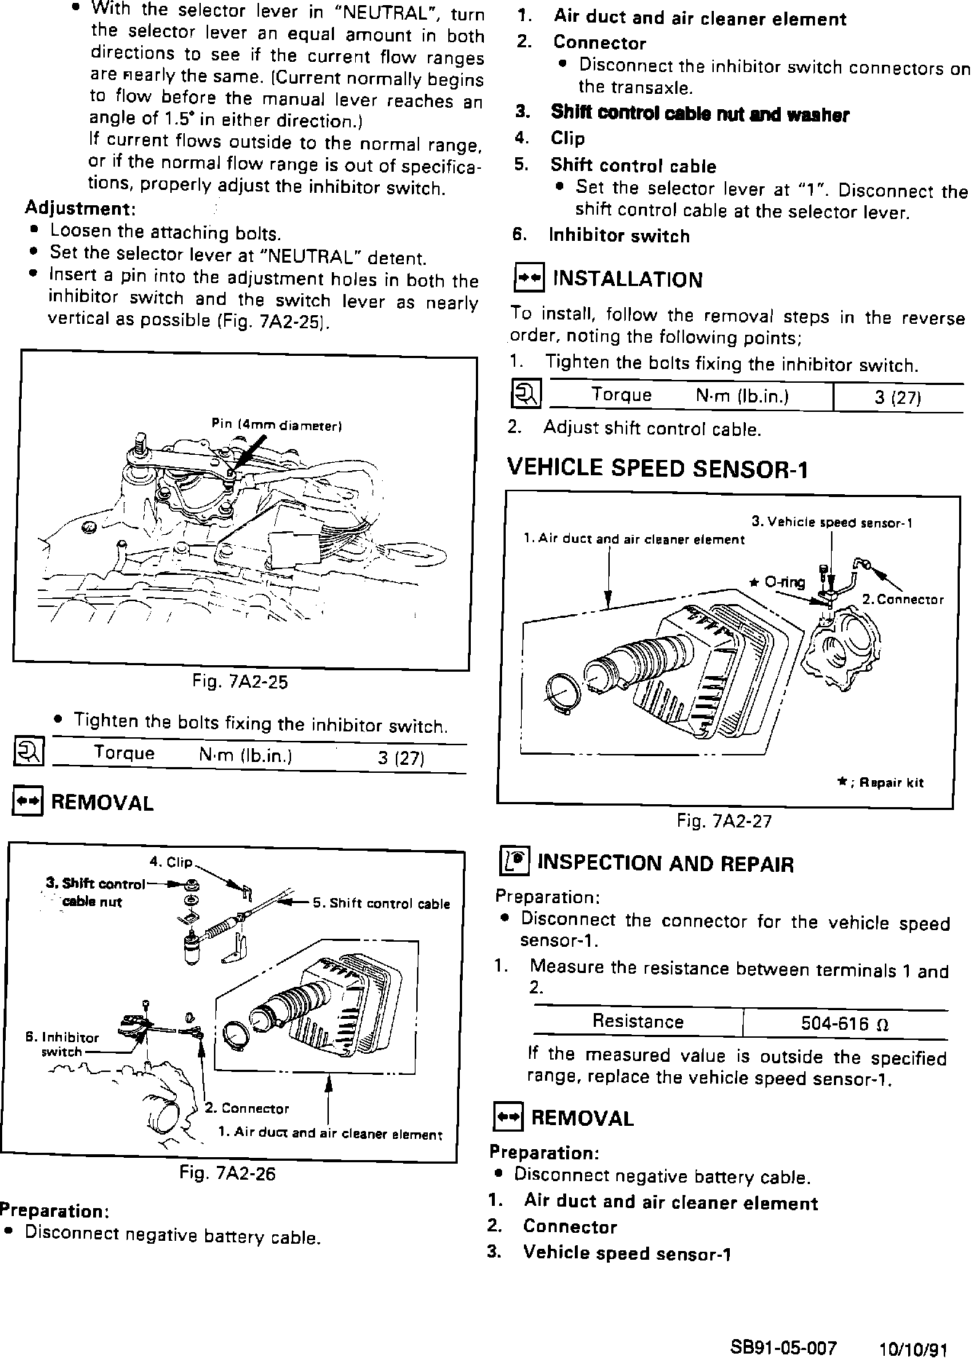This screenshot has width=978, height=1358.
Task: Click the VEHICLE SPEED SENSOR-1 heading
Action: tap(657, 468)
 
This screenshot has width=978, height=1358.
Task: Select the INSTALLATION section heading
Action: tap(627, 279)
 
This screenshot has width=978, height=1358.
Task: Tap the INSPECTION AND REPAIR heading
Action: tap(664, 864)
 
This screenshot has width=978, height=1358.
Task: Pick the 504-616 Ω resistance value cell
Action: tap(844, 1024)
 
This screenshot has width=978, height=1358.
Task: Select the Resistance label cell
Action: tap(637, 1022)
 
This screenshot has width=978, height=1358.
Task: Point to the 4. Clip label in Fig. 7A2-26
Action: tap(171, 862)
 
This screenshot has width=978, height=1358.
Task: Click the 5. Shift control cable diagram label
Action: tap(381, 904)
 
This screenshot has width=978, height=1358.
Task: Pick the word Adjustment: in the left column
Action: tap(80, 208)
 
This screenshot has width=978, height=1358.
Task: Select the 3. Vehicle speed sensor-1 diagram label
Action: tap(831, 522)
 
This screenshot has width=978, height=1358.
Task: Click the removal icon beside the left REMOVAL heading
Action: tap(28, 802)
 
